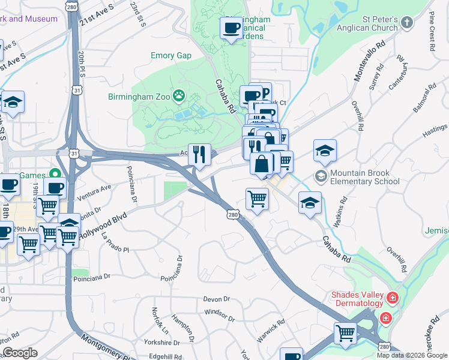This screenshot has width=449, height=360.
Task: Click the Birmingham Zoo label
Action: pyautogui.click(x=139, y=96)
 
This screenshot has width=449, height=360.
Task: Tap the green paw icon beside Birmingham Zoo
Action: pyautogui.click(x=178, y=95)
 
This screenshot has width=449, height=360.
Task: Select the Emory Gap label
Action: pyautogui.click(x=170, y=56)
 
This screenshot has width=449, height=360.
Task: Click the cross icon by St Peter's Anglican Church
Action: pyautogui.click(x=407, y=23)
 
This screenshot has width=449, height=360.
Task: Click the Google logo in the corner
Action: pyautogui.click(x=20, y=353)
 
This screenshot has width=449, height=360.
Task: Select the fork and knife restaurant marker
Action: pyautogui.click(x=199, y=154)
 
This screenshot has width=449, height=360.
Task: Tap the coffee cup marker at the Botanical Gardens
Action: pyautogui.click(x=231, y=27)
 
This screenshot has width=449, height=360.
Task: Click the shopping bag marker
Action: pyautogui.click(x=262, y=163)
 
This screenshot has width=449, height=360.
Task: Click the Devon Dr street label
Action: pyautogui.click(x=217, y=299)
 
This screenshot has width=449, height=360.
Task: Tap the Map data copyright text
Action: pyautogui.click(x=412, y=355)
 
